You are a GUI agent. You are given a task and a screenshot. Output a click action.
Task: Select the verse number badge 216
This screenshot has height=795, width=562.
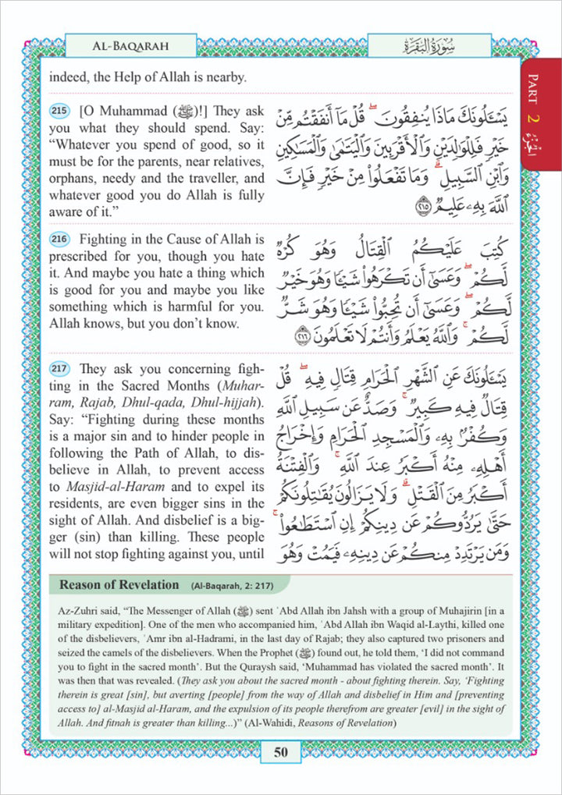[59, 238]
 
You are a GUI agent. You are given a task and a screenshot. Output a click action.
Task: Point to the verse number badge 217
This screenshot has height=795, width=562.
[59, 369]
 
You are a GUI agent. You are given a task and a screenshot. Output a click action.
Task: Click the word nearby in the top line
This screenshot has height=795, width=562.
[225, 78]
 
